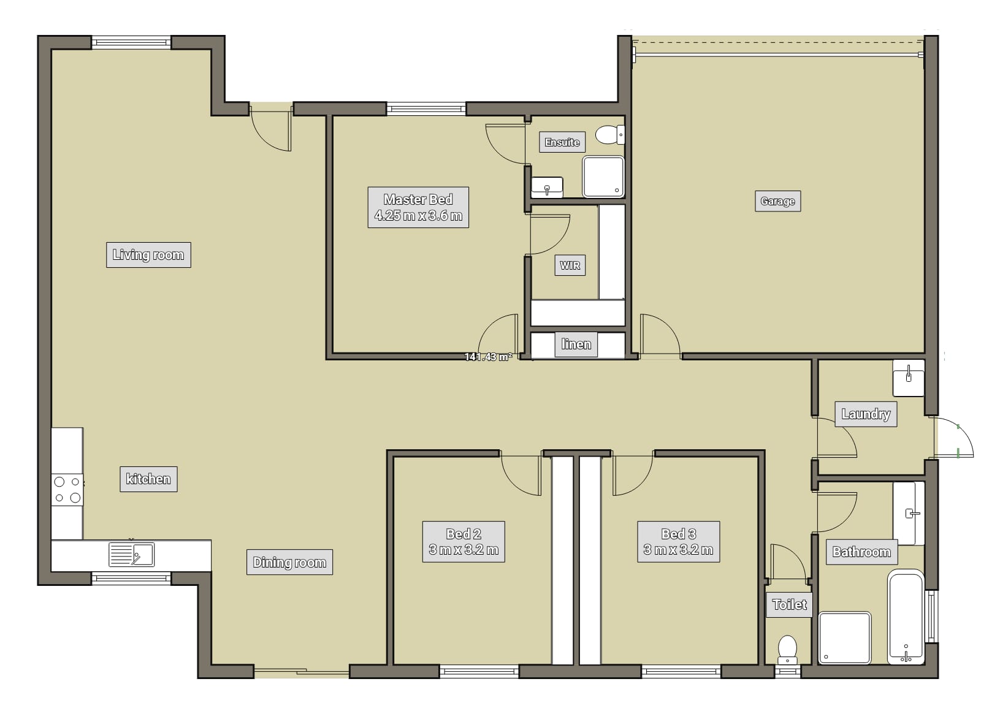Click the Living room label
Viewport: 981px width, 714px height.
coord(148,255)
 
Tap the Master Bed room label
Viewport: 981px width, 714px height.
coord(418,208)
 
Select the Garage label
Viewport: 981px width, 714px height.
coord(778,202)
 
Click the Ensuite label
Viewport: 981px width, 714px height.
coord(562,142)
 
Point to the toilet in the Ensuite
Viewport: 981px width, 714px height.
coord(610,135)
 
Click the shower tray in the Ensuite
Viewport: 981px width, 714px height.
coord(603,177)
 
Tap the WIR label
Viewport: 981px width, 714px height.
coord(570,265)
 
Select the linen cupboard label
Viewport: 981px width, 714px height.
coord(576,344)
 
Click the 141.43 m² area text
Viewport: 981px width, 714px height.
coord(488,357)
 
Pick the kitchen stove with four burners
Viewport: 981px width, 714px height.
coord(67,490)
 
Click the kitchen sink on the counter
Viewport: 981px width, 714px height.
coord(131,555)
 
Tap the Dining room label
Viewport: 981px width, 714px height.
coord(289,562)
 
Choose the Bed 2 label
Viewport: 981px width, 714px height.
coord(464,542)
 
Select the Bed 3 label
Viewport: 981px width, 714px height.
coord(678,542)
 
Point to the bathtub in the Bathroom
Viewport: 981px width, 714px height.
coord(906,617)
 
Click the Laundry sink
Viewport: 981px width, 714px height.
coord(909,378)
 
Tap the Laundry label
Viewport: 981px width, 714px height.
coord(866,414)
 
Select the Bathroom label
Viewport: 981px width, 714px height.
coord(861,552)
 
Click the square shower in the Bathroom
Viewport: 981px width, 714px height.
coord(845,638)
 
